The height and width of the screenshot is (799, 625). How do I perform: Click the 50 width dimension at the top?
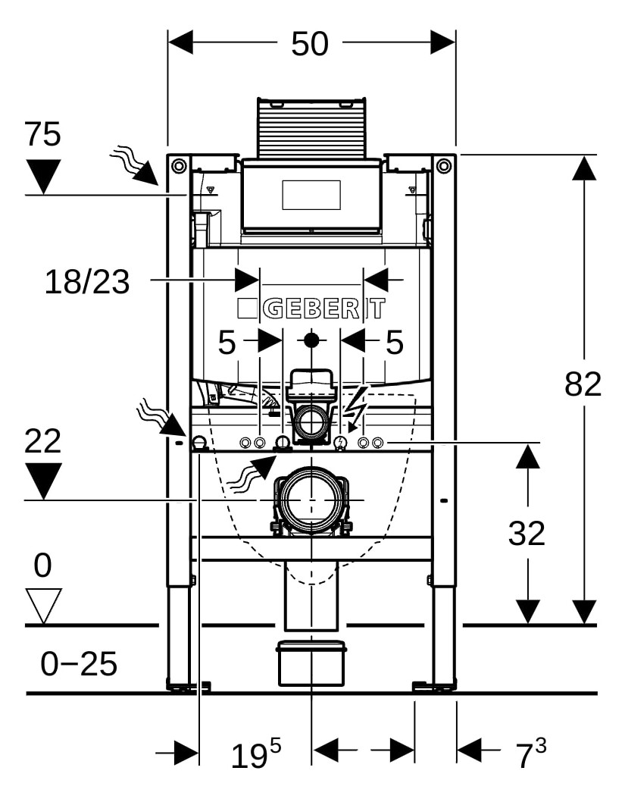click(310, 44)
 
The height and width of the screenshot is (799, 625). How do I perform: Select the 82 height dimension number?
click(583, 384)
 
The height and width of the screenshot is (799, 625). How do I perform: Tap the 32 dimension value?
click(527, 534)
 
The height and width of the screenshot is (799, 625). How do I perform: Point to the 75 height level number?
click(42, 134)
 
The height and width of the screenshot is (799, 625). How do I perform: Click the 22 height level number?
click(42, 440)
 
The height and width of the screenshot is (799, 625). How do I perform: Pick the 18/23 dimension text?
click(87, 282)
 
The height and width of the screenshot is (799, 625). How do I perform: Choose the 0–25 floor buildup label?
click(79, 663)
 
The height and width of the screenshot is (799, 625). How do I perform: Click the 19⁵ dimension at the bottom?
click(256, 755)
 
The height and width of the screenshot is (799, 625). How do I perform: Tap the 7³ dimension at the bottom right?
click(531, 755)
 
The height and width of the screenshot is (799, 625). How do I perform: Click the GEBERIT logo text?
click(311, 309)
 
